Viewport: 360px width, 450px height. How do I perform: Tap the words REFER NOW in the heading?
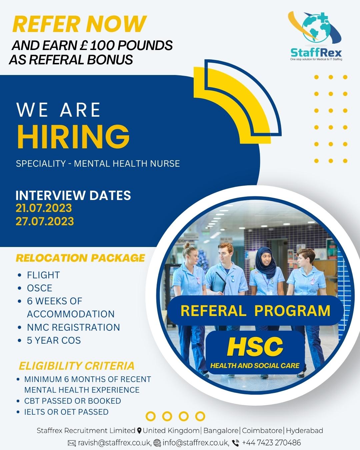79,24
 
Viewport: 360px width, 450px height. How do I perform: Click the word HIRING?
73,137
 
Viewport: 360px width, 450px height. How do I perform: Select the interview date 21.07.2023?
44,208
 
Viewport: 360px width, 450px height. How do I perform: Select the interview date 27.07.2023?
45,221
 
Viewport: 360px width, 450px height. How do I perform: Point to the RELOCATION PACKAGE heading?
81,258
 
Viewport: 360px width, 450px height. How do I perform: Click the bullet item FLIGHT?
43,275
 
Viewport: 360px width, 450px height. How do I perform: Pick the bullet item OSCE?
40,288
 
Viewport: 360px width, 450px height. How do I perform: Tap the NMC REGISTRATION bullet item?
73,327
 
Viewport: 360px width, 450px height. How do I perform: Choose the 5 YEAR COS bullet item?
54,340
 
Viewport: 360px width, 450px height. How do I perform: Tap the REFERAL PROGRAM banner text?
255,311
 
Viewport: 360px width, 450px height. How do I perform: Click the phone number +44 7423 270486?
271,442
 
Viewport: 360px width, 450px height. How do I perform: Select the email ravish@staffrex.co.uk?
115,442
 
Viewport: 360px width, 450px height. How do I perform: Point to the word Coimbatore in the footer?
262,431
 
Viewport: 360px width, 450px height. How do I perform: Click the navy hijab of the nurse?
266,261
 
